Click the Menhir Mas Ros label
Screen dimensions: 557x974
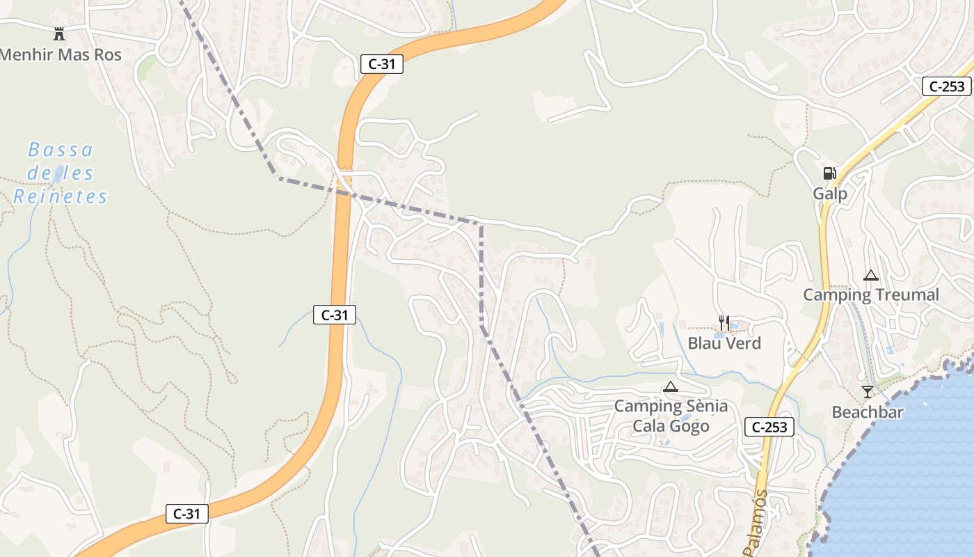click(x=61, y=55)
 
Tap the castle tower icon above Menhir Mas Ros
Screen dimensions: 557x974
click(x=59, y=33)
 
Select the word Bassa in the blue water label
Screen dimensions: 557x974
click(x=61, y=150)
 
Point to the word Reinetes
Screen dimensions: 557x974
click(x=61, y=197)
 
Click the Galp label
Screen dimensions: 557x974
click(x=830, y=193)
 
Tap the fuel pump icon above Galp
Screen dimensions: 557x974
click(x=829, y=173)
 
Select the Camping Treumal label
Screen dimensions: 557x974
click(x=871, y=295)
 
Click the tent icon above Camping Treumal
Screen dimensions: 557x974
click(x=870, y=275)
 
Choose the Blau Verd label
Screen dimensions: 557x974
click(x=724, y=343)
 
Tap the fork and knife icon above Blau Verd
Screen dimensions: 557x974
click(x=724, y=323)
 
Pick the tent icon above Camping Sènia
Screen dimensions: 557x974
click(x=670, y=387)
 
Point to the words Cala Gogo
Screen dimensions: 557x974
click(x=671, y=426)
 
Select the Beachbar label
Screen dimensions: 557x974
click(x=868, y=412)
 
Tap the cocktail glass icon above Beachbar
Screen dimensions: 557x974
click(x=867, y=392)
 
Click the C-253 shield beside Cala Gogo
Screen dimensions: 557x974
click(x=769, y=427)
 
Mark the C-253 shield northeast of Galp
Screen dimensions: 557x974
click(x=947, y=86)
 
